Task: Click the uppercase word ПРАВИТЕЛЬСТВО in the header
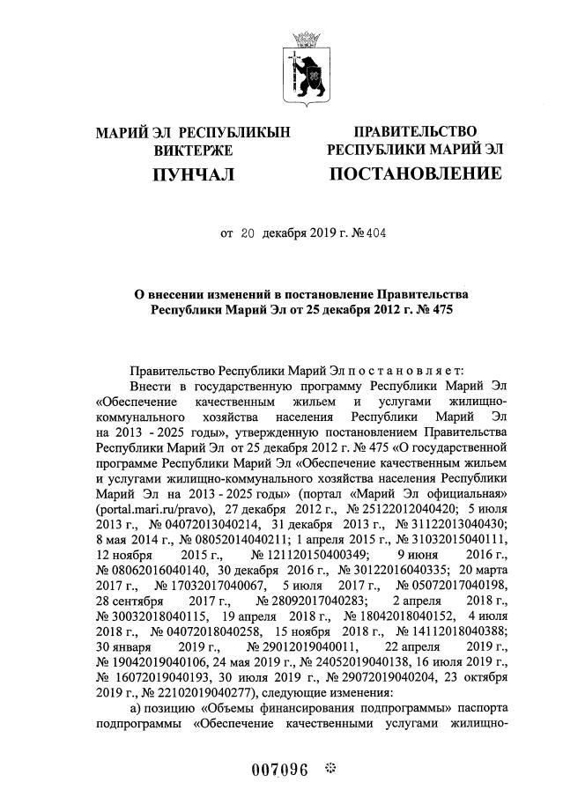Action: pyautogui.click(x=415, y=132)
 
